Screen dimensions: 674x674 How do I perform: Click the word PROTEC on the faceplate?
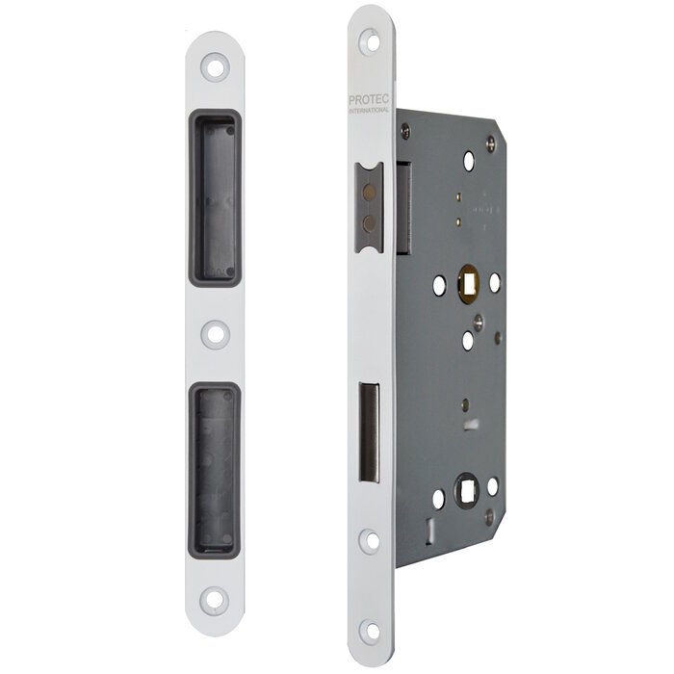pyautogui.click(x=369, y=100)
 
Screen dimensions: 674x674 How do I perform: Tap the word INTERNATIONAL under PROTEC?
pyautogui.click(x=369, y=111)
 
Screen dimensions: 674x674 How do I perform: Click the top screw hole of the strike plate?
pyautogui.click(x=214, y=68)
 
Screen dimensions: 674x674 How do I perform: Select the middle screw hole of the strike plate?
pyautogui.click(x=214, y=334)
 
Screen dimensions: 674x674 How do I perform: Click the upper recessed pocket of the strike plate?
pyautogui.click(x=214, y=197)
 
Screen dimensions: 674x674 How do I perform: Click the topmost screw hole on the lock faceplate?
pyautogui.click(x=370, y=40)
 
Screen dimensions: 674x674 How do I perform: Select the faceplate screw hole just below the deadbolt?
pyautogui.click(x=370, y=539)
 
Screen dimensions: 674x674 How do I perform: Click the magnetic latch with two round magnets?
pyautogui.click(x=368, y=207)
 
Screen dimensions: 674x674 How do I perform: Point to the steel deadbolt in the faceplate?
pyautogui.click(x=369, y=432)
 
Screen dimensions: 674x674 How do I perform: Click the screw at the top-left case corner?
pyautogui.click(x=404, y=130)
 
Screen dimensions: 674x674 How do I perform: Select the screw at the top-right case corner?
pyautogui.click(x=491, y=142)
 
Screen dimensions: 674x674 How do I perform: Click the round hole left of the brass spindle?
pyautogui.click(x=439, y=285)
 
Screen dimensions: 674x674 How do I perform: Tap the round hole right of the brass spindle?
pyautogui.click(x=495, y=282)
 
